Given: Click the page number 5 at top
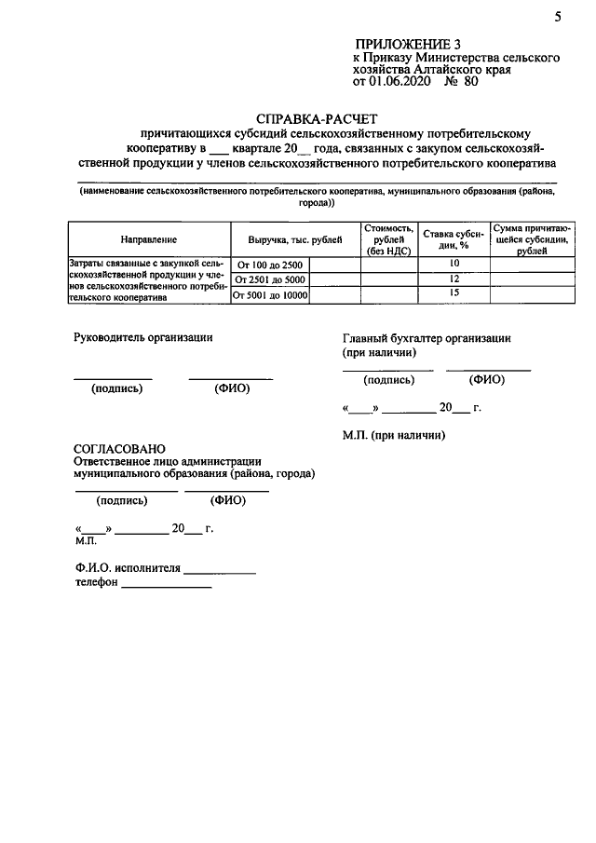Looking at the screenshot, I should [557, 16].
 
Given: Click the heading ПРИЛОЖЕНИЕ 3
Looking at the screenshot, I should [407, 45].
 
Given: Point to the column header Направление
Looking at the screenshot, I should [148, 239].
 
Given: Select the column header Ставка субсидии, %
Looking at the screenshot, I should [454, 239].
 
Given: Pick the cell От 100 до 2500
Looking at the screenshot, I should [270, 265].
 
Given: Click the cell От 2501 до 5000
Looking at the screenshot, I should [270, 280].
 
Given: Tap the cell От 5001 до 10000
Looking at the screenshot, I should [270, 295].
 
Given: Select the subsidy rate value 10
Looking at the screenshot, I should [454, 265].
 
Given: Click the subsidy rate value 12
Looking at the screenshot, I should [454, 279].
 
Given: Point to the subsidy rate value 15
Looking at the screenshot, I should [454, 294].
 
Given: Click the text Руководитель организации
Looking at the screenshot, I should [142, 338].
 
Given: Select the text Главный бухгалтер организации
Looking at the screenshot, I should [427, 339].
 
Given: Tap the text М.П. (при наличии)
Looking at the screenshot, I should [394, 435].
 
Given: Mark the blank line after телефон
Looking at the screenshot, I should [167, 587].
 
